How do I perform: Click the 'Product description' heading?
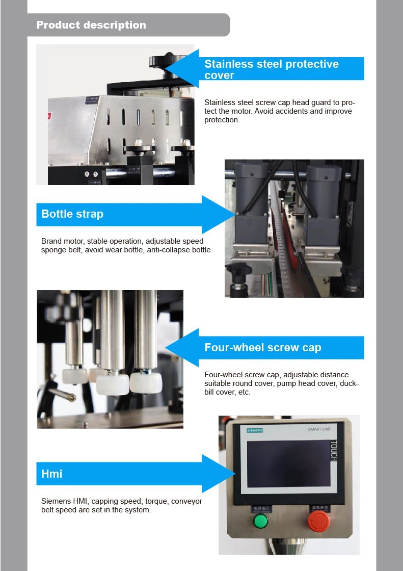click(91, 25)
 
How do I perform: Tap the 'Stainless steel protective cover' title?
click(271, 69)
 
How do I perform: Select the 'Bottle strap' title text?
click(72, 214)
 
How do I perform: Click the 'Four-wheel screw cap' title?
click(262, 348)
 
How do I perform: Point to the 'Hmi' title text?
click(52, 474)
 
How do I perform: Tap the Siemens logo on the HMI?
click(255, 431)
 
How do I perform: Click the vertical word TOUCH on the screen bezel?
click(334, 451)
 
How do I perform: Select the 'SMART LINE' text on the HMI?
click(319, 430)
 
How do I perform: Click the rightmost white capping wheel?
click(146, 382)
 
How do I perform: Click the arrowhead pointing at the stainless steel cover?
click(178, 68)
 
